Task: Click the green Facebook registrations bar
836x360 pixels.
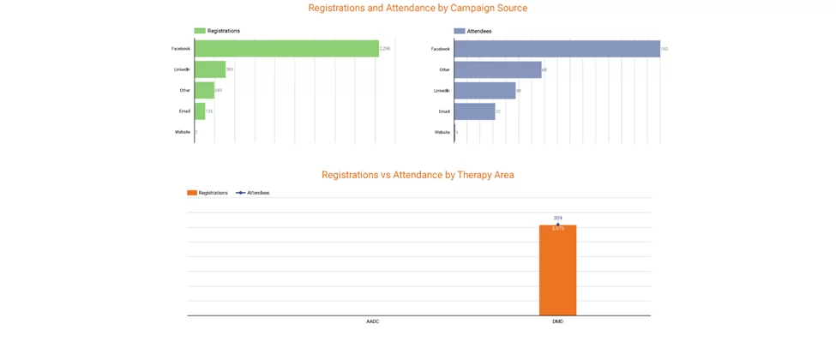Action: pyautogui.click(x=286, y=49)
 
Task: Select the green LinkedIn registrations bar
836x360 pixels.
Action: pyautogui.click(x=210, y=69)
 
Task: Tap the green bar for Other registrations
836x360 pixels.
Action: pyautogui.click(x=204, y=90)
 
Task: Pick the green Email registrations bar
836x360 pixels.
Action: pyautogui.click(x=200, y=111)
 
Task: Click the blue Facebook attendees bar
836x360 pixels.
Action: pyautogui.click(x=556, y=49)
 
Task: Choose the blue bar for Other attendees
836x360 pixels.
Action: pyautogui.click(x=497, y=69)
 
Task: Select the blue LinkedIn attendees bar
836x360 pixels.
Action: pyautogui.click(x=484, y=90)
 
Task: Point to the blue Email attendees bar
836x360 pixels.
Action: pyautogui.click(x=474, y=111)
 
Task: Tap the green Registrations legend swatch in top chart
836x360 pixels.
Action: pyautogui.click(x=200, y=31)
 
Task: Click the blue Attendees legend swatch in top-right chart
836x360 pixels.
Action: pyautogui.click(x=460, y=31)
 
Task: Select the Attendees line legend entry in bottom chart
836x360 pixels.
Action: pyautogui.click(x=253, y=193)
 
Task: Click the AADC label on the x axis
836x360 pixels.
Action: pyautogui.click(x=372, y=322)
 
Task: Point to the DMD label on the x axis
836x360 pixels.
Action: pyautogui.click(x=557, y=322)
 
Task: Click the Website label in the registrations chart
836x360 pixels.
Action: pyautogui.click(x=182, y=132)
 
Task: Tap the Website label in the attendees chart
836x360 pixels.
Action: pyautogui.click(x=442, y=132)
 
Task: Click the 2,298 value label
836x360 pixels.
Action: pyautogui.click(x=385, y=49)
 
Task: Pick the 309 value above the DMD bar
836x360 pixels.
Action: pyautogui.click(x=557, y=218)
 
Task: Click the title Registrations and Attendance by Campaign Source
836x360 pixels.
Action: pyautogui.click(x=418, y=9)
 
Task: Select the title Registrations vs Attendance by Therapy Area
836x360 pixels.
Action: pyautogui.click(x=418, y=175)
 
